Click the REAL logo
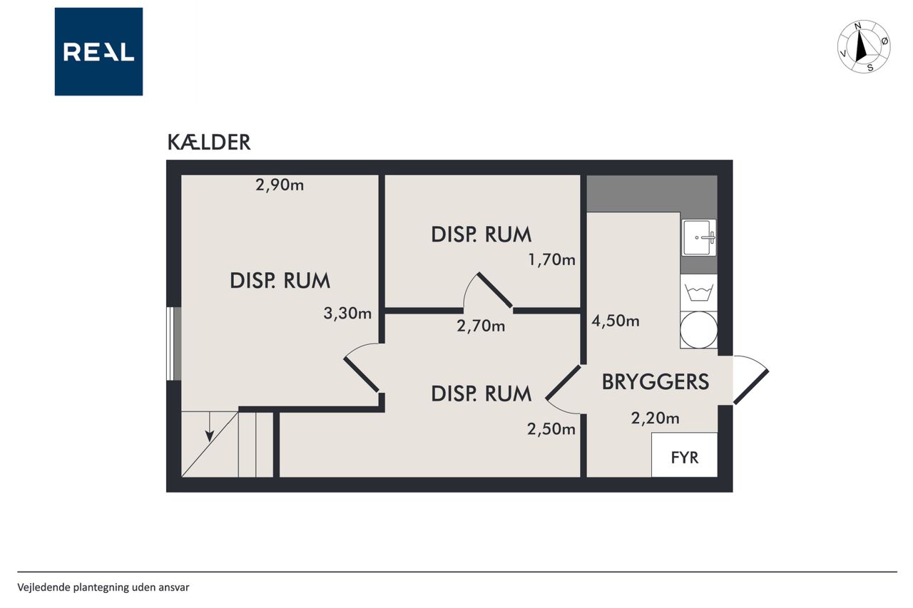coord(98,52)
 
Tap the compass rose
coord(864,46)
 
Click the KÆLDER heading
coord(209,142)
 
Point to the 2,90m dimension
coord(280,185)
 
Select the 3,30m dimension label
coord(347,313)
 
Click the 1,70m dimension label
coord(552,259)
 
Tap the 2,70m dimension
coord(481,326)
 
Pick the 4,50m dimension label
coord(616,321)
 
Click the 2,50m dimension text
coord(551,429)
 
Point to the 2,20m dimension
coord(656,418)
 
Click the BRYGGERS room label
coord(656,382)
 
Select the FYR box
coord(684,455)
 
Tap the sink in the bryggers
coord(699,238)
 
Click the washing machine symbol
coord(699,293)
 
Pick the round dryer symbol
coord(699,330)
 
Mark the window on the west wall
coord(174,344)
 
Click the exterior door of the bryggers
coord(751,380)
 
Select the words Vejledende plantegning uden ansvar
coord(103,587)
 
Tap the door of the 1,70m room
coord(488,290)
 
